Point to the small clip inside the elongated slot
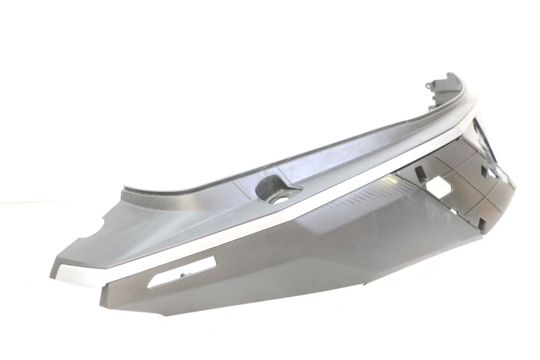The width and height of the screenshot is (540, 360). [183, 275]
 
